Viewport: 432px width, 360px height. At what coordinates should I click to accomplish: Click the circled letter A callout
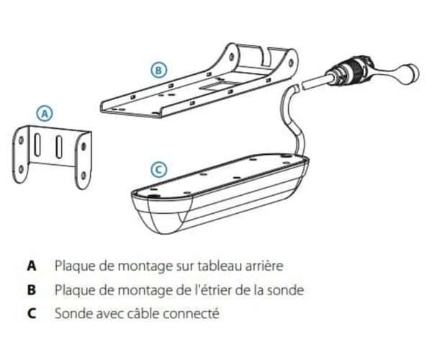click(45, 113)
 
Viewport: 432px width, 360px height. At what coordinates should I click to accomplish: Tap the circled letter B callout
click(159, 70)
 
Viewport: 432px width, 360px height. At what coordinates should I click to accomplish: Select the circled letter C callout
click(159, 170)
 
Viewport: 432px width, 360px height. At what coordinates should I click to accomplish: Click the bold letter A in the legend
click(32, 265)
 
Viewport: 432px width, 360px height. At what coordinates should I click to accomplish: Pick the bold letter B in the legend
click(32, 289)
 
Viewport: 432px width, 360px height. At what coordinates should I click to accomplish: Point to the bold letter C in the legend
click(32, 314)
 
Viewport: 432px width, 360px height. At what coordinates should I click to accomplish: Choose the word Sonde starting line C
click(71, 314)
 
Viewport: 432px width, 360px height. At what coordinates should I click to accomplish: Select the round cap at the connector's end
click(408, 74)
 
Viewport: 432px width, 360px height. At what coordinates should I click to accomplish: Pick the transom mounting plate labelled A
click(54, 156)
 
